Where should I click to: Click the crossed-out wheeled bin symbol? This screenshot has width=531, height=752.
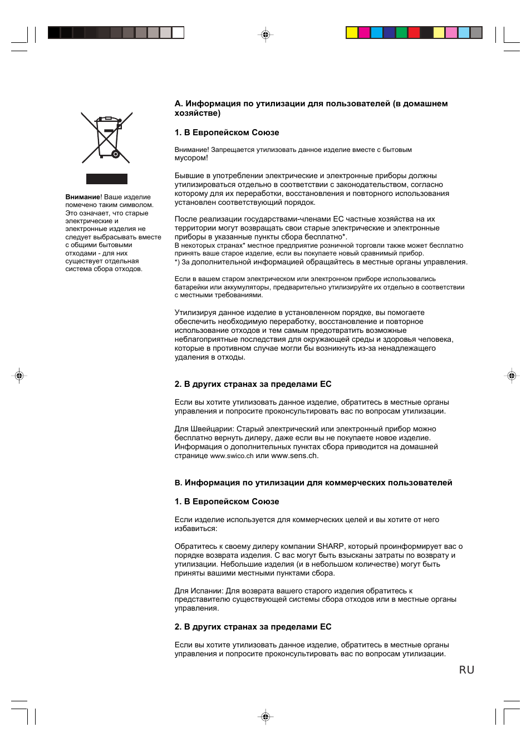click(107, 137)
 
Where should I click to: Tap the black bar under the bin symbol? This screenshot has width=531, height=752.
click(107, 179)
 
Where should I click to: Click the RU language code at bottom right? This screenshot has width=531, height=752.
click(466, 670)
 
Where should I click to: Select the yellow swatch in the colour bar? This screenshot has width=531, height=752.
click(352, 32)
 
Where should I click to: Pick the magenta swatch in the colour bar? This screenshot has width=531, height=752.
click(364, 32)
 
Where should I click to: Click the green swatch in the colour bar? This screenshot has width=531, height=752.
click(401, 32)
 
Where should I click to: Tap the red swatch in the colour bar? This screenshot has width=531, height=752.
click(414, 32)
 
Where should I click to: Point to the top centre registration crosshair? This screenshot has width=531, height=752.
click(265, 35)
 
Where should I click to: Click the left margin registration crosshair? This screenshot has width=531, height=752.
click(19, 376)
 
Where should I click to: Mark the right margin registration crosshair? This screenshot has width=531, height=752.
click(512, 376)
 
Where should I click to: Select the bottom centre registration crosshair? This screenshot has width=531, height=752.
click(265, 716)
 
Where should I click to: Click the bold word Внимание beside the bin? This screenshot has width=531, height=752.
click(83, 197)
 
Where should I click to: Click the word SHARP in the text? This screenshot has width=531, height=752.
click(330, 547)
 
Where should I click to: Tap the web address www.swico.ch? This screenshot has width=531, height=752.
click(232, 456)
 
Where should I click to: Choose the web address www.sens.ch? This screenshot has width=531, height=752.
click(294, 456)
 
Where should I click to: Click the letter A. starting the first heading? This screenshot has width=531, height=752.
click(179, 104)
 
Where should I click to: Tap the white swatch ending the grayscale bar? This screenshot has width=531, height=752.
click(178, 32)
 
